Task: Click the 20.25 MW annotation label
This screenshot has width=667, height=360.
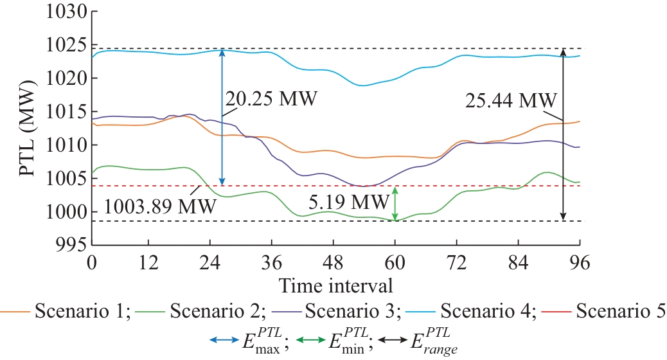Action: (271, 100)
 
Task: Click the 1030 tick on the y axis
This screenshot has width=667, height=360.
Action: (67, 12)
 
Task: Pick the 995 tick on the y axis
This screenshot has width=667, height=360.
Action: (72, 245)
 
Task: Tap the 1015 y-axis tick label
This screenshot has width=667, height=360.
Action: (67, 112)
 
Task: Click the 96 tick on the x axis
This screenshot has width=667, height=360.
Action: (580, 262)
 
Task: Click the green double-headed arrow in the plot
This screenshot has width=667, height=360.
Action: (395, 203)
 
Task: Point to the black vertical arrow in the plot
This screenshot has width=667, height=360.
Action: (564, 135)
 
